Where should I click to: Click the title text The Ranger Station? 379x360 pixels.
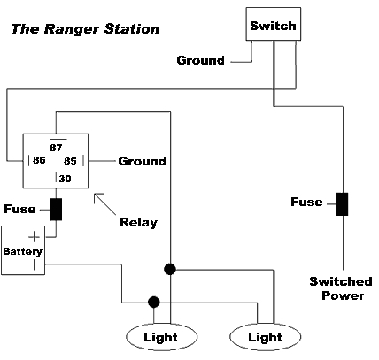[x=85, y=29]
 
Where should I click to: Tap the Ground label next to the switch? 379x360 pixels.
[x=201, y=61]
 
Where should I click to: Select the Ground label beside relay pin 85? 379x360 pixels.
[x=142, y=161]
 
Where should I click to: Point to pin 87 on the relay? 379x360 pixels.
[x=56, y=146]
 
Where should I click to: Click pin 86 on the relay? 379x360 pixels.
[x=39, y=161]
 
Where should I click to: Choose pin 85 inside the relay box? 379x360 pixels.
[x=72, y=161]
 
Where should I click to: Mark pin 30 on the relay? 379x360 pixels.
[x=64, y=178]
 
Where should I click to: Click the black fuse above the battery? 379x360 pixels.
[x=56, y=209]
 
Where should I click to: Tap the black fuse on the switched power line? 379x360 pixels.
[x=342, y=203]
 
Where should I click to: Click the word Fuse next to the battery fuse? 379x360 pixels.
[x=19, y=209]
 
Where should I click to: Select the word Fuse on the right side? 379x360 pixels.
[x=306, y=203]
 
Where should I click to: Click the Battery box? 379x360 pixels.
[x=21, y=250]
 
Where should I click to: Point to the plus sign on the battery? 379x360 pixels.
[x=35, y=237]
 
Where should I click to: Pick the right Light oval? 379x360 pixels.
[x=265, y=337]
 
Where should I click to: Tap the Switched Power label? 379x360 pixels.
[x=341, y=288]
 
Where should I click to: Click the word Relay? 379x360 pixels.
[x=138, y=221]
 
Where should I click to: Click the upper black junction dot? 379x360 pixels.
[x=169, y=267]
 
